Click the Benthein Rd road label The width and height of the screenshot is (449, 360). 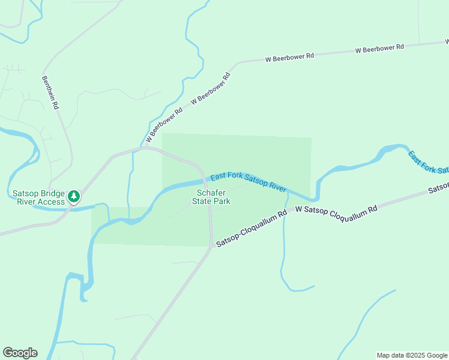[50, 92]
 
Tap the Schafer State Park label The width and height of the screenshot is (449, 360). [211, 197]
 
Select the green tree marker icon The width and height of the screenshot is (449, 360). [73, 196]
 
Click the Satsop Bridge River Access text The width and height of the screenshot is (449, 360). [38, 197]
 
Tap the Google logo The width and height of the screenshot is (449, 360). [20, 353]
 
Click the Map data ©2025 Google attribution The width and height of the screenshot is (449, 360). [412, 355]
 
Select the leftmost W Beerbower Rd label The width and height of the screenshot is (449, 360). [166, 123]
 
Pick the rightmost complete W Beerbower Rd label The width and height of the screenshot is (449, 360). [380, 49]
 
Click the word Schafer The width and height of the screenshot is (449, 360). [211, 193]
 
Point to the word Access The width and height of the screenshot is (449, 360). [50, 202]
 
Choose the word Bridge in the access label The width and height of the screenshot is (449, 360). [52, 193]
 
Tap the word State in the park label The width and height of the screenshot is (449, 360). [202, 201]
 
